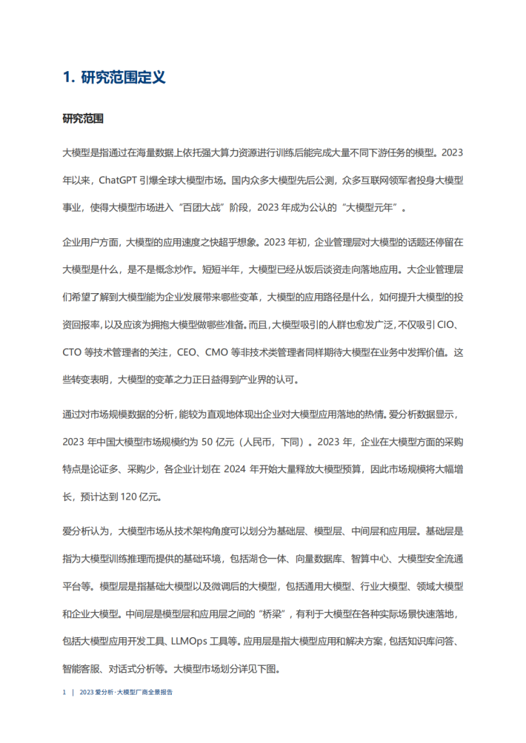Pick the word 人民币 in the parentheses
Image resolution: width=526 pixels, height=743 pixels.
(256, 442)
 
